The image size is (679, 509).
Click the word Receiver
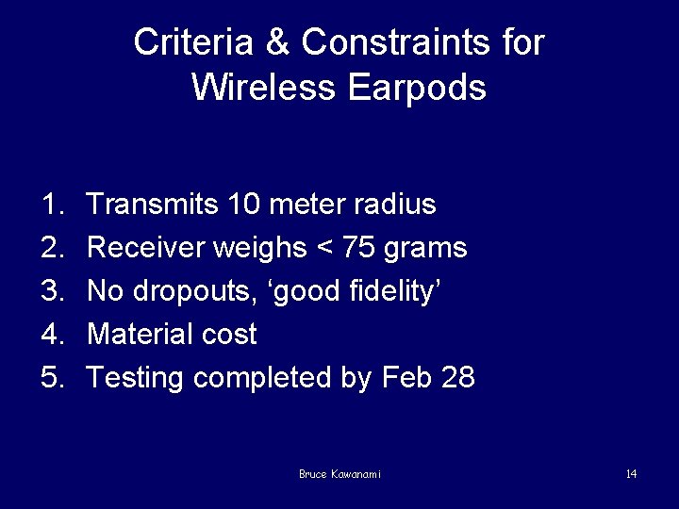[x=146, y=248]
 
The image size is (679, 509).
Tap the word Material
[x=139, y=335]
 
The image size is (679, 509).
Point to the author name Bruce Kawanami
[x=339, y=474]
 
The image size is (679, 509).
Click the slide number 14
[x=631, y=474]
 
